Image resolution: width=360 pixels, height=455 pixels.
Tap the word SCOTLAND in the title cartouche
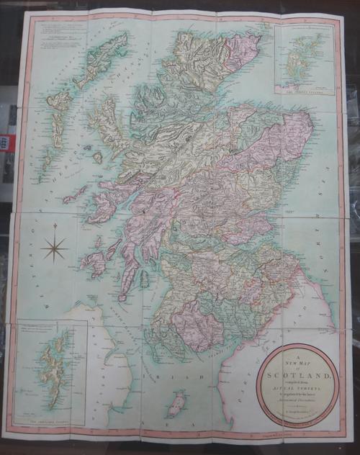[x=297, y=376]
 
